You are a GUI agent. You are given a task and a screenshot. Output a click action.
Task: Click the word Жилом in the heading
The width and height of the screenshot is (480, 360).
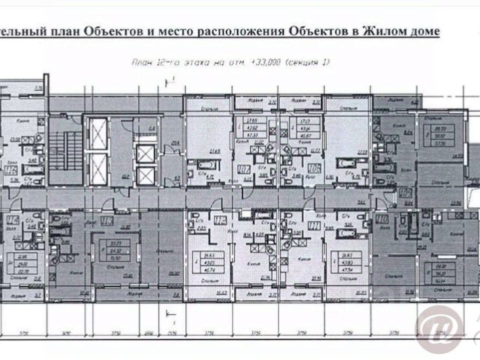(382, 31)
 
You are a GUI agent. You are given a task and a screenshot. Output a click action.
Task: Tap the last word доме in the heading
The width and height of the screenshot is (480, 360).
(423, 31)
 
